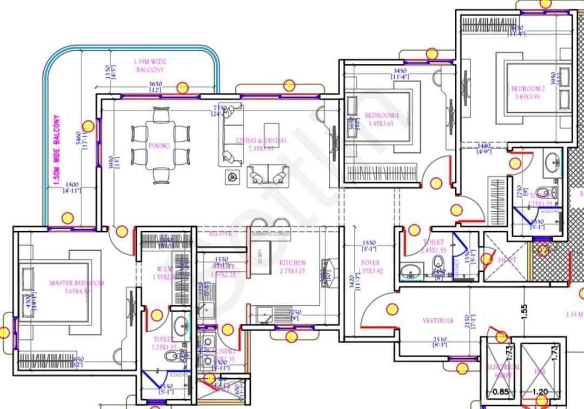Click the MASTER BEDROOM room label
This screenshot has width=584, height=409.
pyautogui.click(x=77, y=283)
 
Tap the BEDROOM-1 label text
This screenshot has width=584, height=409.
pyautogui.click(x=381, y=116)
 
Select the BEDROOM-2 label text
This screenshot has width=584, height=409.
pyautogui.click(x=526, y=89)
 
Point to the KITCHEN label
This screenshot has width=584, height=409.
pyautogui.click(x=292, y=263)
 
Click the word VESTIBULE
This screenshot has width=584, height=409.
pyautogui.click(x=438, y=320)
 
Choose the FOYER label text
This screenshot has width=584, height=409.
pyautogui.click(x=370, y=263)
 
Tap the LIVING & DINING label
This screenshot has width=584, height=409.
pyautogui.click(x=261, y=140)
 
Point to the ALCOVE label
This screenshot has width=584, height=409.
pyautogui.click(x=220, y=233)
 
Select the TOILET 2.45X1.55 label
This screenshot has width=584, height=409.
pyautogui.click(x=434, y=246)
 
